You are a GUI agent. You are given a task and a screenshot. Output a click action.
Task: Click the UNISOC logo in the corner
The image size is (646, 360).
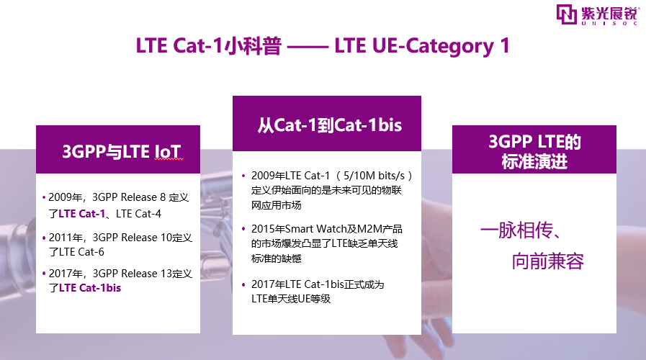pos(597,15)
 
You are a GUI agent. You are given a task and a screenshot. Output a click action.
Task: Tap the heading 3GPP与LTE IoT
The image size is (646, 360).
pos(121,152)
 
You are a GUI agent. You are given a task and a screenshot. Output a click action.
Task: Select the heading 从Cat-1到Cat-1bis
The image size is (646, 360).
pos(330,125)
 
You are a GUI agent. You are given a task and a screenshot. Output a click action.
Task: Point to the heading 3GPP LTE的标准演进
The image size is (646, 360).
pos(534,152)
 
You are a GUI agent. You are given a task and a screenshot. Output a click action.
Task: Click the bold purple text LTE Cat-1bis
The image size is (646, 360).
pos(90,288)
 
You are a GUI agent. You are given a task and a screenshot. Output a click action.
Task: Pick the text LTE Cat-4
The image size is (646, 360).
pos(138,214)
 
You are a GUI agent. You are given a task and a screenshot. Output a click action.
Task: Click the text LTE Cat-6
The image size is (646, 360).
pos(81,252)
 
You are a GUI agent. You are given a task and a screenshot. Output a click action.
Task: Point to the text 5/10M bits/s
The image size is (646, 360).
pos(374,176)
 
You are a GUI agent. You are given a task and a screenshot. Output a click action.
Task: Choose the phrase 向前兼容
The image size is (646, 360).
pos(548,261)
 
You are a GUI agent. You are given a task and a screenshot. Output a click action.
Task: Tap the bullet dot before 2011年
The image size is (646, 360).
pos(44,238)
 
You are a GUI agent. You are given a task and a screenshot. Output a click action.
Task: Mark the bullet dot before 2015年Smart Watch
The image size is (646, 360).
pos(243,229)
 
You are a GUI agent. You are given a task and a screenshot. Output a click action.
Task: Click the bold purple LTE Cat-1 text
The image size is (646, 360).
pos(81,214)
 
